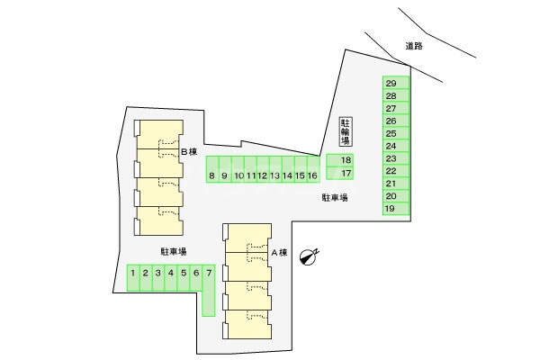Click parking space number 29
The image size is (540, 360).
[391, 83]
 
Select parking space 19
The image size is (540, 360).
[391, 209]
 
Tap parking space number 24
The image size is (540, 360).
[391, 146]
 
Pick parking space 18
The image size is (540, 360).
[346, 160]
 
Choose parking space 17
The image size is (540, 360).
[346, 173]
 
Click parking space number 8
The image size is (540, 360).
[211, 175]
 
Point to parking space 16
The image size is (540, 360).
[311, 175]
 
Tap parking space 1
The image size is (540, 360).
[132, 272]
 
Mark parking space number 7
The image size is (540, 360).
[209, 272]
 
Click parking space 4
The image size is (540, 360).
[171, 272]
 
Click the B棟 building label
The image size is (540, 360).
[188, 152]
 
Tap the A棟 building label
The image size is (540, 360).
[279, 253]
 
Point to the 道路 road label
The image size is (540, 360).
[414, 46]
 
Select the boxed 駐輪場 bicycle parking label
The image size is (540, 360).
[345, 131]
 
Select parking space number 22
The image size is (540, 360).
[391, 171]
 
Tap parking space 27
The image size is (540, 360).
[391, 108]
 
